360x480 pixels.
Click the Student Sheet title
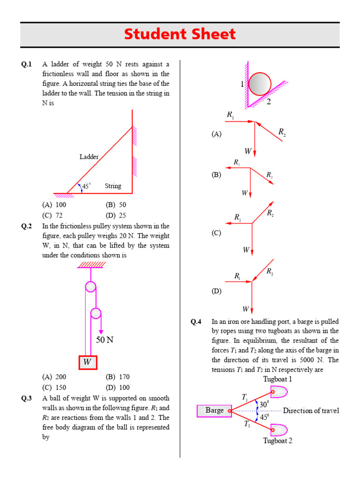pyautogui.click(x=180, y=34)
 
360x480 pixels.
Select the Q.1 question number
pyautogui.click(x=26, y=64)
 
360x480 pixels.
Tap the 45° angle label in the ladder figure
pyautogui.click(x=86, y=187)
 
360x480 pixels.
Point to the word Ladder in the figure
pyautogui.click(x=89, y=157)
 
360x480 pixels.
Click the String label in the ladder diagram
pyautogui.click(x=113, y=186)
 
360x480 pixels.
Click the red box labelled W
pyautogui.click(x=87, y=362)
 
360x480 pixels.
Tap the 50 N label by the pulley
pyautogui.click(x=105, y=340)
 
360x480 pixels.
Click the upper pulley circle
pyautogui.click(x=90, y=287)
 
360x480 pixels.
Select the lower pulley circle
pyautogui.click(x=96, y=313)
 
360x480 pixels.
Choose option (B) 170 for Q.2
pyautogui.click(x=118, y=377)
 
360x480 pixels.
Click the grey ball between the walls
pyautogui.click(x=260, y=83)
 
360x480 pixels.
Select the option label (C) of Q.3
pyautogui.click(x=216, y=233)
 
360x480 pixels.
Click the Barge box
pyautogui.click(x=214, y=411)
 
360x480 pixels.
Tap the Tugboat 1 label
pyautogui.click(x=277, y=379)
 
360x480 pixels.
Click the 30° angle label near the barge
pyautogui.click(x=264, y=404)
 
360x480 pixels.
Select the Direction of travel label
pyautogui.click(x=311, y=411)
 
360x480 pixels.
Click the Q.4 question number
pyautogui.click(x=195, y=322)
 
